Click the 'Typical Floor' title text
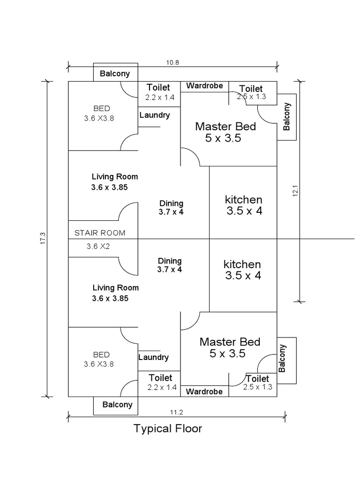(168, 428)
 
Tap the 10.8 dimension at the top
(173, 62)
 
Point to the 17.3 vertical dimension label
(43, 238)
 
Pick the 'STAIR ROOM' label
(100, 232)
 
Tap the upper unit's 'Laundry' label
(154, 115)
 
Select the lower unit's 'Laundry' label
(153, 357)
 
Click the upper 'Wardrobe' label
(204, 86)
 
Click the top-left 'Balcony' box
(115, 74)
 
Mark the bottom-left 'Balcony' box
(117, 405)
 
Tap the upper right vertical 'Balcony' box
(287, 117)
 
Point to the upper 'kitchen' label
(243, 200)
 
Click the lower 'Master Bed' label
(230, 342)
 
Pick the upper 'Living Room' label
(115, 177)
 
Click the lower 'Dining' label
(170, 261)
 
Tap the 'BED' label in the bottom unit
(101, 354)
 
